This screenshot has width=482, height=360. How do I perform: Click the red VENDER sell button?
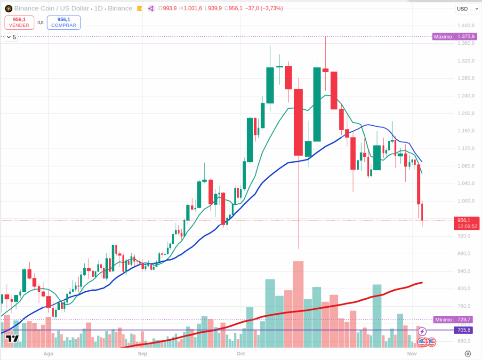(x=19, y=22)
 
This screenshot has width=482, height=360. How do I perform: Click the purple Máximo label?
(x=442, y=36)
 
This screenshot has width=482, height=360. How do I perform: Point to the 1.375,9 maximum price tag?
(x=464, y=36)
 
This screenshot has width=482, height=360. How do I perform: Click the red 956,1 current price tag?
(x=464, y=220)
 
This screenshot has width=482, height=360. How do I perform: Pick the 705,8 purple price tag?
(x=464, y=330)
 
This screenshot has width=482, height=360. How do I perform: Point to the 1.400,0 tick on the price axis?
(x=465, y=25)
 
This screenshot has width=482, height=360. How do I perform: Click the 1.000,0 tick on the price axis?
(x=465, y=201)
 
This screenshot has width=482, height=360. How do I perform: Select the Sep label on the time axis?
(x=143, y=353)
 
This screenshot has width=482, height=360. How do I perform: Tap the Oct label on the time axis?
(x=241, y=353)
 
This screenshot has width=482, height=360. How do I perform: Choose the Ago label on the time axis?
(x=48, y=353)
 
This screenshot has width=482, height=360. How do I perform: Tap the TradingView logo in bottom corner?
(x=12, y=338)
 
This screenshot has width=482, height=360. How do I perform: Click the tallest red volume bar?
(x=298, y=301)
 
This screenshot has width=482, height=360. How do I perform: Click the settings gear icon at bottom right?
(x=467, y=353)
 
